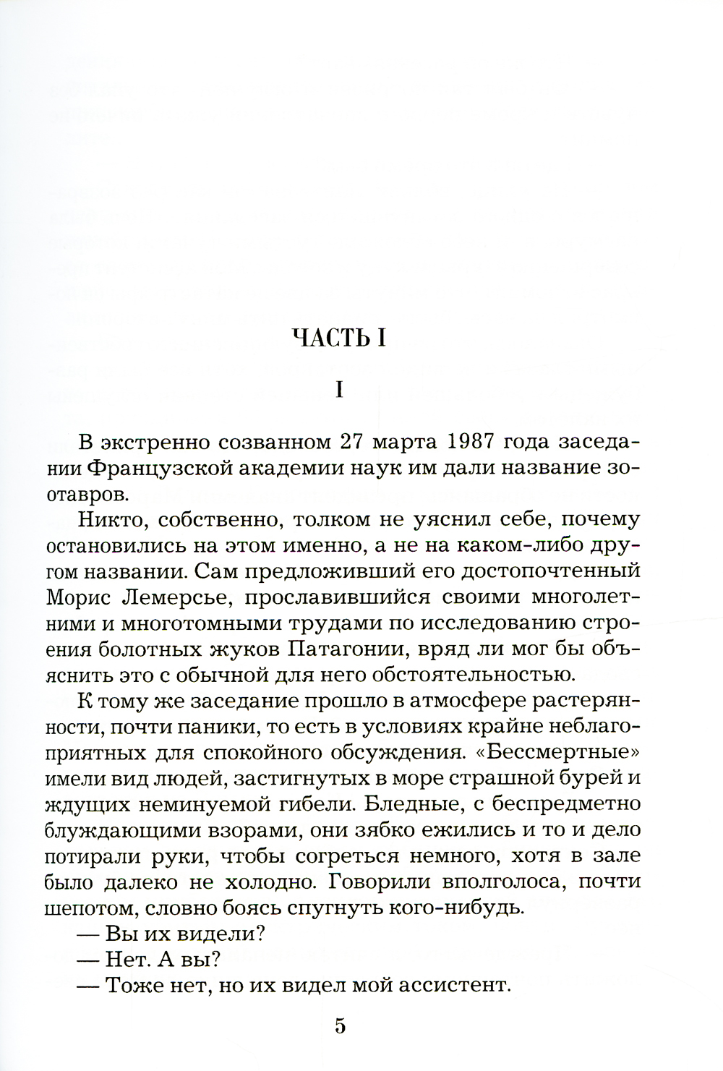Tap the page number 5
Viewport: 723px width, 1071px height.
click(x=341, y=1027)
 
